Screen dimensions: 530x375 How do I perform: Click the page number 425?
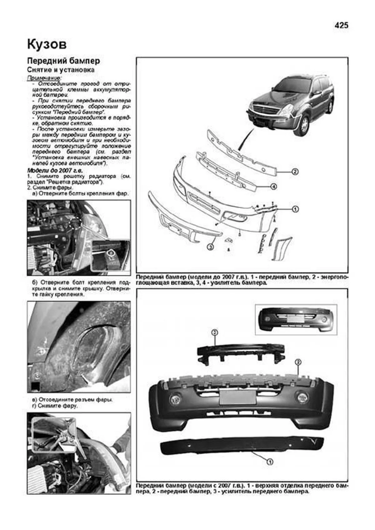[x=341, y=26]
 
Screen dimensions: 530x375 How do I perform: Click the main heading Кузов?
[x=47, y=45]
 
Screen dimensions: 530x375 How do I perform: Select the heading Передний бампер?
[x=63, y=61]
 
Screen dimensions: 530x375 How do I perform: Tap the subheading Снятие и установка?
[x=61, y=70]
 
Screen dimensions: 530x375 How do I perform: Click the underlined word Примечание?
[x=44, y=77]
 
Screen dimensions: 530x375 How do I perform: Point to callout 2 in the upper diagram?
[x=295, y=171]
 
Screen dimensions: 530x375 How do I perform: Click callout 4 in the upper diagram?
[x=273, y=187]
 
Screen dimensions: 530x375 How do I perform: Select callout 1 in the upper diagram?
[x=295, y=209]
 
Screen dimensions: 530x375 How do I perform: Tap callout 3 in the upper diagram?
[x=210, y=247]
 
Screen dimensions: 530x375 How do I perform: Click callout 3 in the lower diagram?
[x=214, y=333]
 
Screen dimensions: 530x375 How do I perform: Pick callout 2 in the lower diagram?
[x=298, y=362]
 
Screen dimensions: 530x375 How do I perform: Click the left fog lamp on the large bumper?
[x=174, y=399]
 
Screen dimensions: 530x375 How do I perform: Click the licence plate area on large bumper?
[x=237, y=397]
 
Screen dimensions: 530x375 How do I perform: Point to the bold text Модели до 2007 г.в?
[x=55, y=171]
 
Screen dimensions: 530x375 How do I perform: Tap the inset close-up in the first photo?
[x=110, y=255]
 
